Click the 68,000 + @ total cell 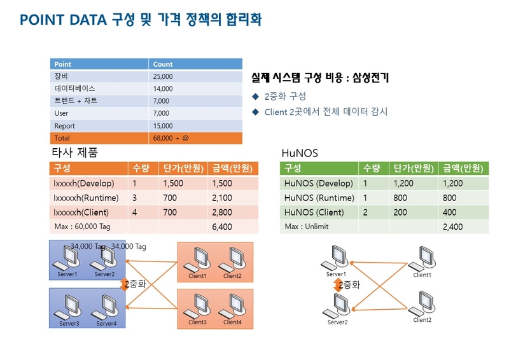[x=171, y=138]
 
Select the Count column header [x=163, y=64]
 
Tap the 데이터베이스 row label [x=74, y=88]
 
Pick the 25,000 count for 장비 [x=163, y=76]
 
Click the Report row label [x=65, y=126]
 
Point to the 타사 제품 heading [x=74, y=152]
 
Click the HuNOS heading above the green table [x=300, y=153]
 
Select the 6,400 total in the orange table [x=222, y=227]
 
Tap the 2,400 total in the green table [x=453, y=227]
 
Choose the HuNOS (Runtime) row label [x=319, y=198]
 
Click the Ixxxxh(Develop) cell [x=84, y=183]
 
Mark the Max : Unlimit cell [x=307, y=226]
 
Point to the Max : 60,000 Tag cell [x=83, y=226]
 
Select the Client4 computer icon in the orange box [x=232, y=305]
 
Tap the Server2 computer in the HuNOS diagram [x=337, y=306]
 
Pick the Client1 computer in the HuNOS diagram [x=422, y=259]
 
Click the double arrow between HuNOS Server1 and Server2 [x=338, y=286]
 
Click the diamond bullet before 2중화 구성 [x=256, y=97]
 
